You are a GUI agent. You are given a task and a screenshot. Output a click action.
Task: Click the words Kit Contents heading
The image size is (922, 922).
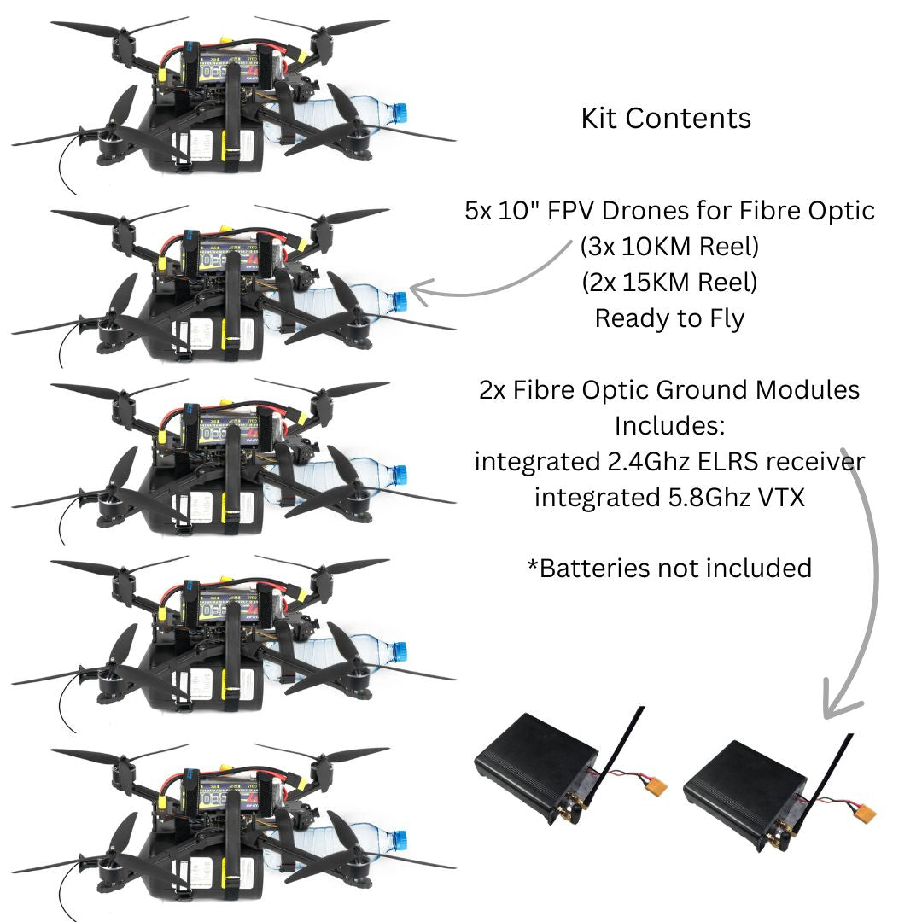[x=666, y=118]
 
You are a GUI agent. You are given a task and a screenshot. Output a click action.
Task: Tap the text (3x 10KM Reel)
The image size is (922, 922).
[x=669, y=247]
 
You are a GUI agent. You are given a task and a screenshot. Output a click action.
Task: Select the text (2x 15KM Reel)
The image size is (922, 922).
[x=669, y=282]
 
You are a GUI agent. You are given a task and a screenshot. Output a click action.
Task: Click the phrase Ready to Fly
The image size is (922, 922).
[x=669, y=318]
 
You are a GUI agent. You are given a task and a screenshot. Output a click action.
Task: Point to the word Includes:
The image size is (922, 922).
[x=669, y=425]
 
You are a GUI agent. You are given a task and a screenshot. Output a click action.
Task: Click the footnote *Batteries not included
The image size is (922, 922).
[x=669, y=568]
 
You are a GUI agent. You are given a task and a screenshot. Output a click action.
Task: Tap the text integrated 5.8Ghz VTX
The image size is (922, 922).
[x=669, y=497]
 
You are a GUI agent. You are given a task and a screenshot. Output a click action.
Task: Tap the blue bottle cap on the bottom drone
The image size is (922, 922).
[x=398, y=838]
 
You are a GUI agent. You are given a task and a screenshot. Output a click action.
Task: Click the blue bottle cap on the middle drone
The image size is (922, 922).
[x=398, y=475]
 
